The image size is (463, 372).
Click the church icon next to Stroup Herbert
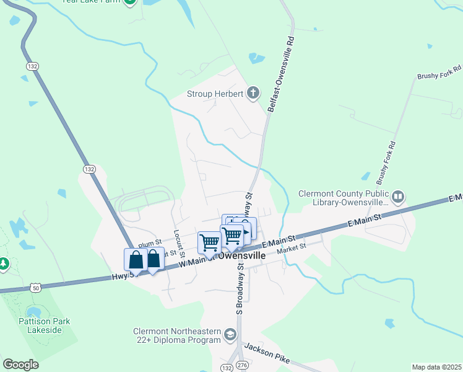tap(253, 94)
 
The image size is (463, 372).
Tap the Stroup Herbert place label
tap(216, 95)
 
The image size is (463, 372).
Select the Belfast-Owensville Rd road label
tap(280, 73)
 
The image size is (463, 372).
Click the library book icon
tap(398, 198)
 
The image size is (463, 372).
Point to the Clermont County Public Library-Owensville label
tap(342, 197)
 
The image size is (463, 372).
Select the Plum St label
tap(150, 242)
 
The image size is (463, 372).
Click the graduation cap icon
tap(231, 335)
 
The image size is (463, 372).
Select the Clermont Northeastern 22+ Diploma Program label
tap(177, 335)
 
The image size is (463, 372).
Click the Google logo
tap(20, 365)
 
